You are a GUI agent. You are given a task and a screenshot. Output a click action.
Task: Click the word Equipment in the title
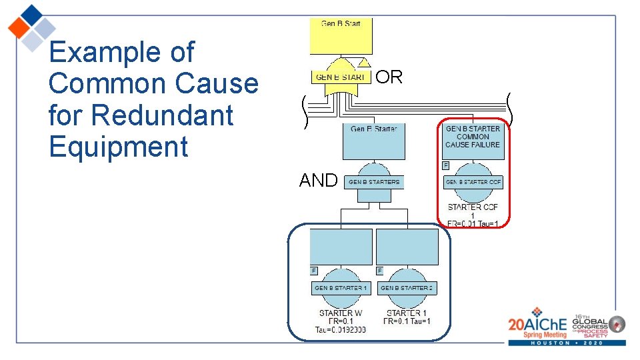pos(119,147)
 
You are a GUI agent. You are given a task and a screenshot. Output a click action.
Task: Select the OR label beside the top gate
pos(389,77)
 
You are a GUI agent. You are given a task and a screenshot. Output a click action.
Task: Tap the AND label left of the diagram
pos(318,180)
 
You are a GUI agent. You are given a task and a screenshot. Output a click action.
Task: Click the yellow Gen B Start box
pos(341,36)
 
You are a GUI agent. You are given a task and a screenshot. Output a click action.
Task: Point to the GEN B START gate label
pos(340,77)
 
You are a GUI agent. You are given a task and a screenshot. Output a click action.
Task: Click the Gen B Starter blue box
pos(373,141)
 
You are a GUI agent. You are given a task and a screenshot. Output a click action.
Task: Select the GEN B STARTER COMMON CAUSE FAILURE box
pos(473,140)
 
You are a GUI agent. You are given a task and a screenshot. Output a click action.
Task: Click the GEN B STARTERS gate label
pos(374,182)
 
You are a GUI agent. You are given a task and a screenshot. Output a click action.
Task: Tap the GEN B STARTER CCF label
pos(473,182)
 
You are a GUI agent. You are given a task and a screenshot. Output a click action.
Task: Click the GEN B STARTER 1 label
pos(341,288)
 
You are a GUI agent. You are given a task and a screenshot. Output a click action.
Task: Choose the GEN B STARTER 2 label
pos(407,288)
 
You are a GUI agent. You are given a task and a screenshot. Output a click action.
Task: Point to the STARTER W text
pos(341,313)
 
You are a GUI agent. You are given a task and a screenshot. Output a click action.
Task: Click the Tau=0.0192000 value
pos(341,329)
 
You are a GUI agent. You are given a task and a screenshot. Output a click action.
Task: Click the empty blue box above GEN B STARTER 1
pos(341,247)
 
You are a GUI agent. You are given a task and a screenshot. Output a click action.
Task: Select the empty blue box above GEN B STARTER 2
pos(407,247)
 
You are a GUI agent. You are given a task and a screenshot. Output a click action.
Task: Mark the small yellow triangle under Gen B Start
pos(363,63)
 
